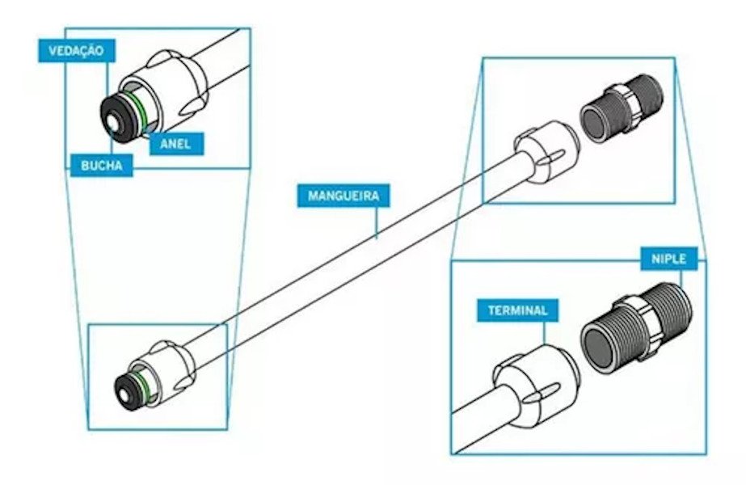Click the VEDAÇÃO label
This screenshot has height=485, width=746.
pyautogui.click(x=77, y=51)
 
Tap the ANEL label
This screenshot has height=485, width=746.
pyautogui.click(x=176, y=144)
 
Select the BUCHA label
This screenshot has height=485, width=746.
pyautogui.click(x=101, y=166)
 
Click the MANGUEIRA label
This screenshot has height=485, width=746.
pyautogui.click(x=343, y=196)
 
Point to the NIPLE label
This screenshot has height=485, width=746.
pyautogui.click(x=669, y=259)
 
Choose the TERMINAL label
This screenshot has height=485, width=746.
pyautogui.click(x=518, y=310)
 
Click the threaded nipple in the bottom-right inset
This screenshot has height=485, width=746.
pyautogui.click(x=635, y=328)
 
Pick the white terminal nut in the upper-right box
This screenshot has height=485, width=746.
pyautogui.click(x=547, y=151)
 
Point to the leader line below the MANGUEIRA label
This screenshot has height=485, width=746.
pyautogui.click(x=377, y=222)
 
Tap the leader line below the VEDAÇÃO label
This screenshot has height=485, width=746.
pyautogui.click(x=108, y=79)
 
